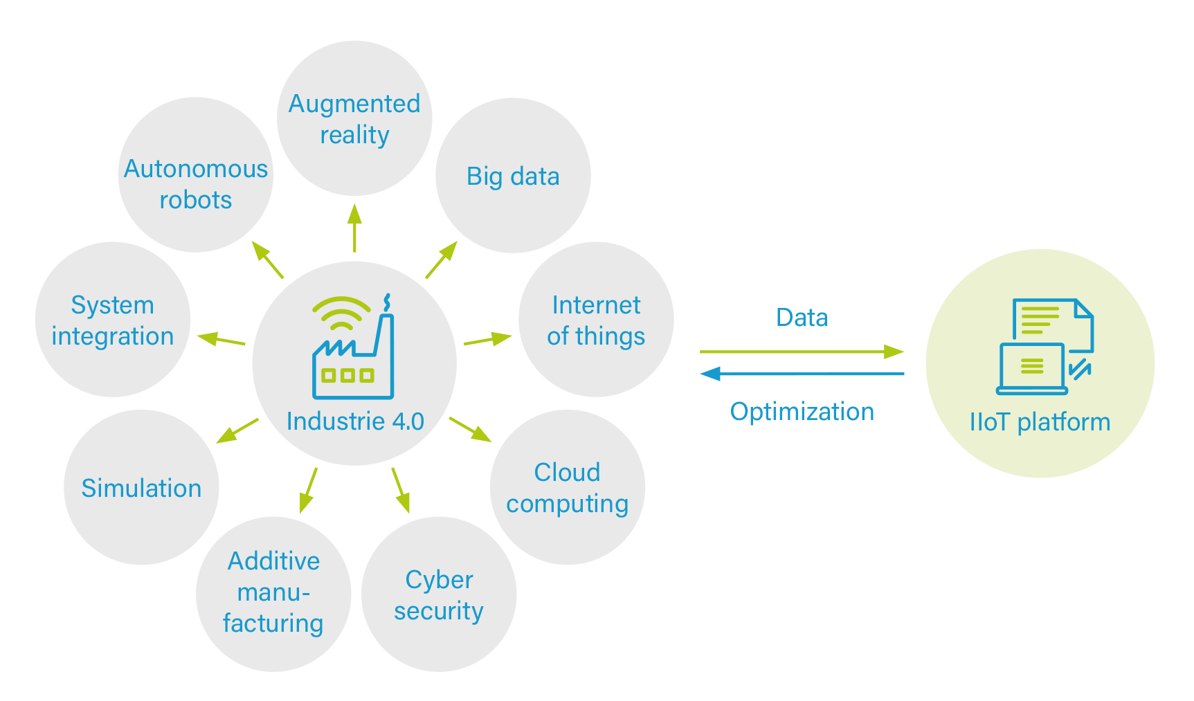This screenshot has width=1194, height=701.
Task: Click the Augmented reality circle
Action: [x=354, y=118]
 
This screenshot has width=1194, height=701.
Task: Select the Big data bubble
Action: [x=513, y=176]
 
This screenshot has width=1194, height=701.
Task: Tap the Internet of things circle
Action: [x=596, y=320]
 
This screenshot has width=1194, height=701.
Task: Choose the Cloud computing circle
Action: [x=567, y=487]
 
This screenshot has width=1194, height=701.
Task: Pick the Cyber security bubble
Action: [x=439, y=594]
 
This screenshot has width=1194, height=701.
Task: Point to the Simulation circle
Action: [x=141, y=488]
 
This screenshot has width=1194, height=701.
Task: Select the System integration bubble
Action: [x=113, y=320]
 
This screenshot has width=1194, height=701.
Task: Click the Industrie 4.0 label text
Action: [x=355, y=421]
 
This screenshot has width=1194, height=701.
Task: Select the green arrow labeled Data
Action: [x=802, y=352]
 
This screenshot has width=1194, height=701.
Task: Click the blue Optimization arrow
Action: [x=802, y=374]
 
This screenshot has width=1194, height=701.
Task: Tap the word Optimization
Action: [x=802, y=412]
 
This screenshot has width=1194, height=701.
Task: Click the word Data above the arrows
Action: [x=802, y=318]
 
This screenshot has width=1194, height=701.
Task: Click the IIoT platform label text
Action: [x=1040, y=422]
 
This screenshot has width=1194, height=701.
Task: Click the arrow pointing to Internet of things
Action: [x=488, y=339]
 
